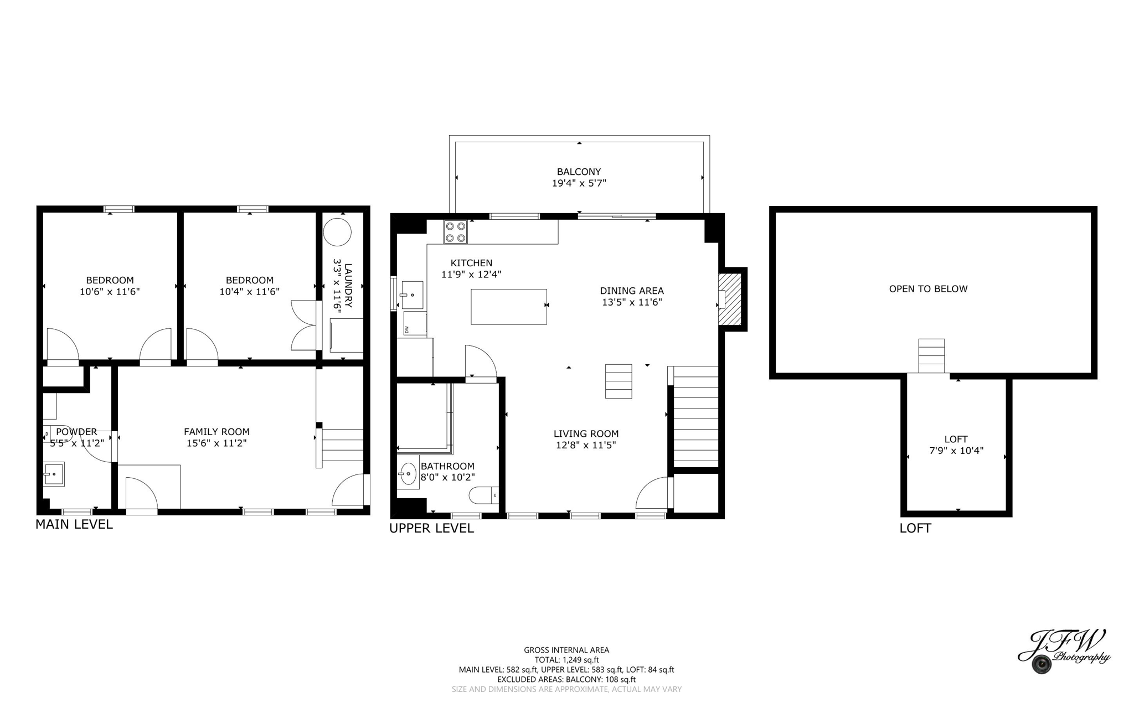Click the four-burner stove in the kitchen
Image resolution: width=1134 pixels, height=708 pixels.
pyautogui.click(x=455, y=232)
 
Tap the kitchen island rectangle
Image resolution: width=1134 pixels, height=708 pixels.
pyautogui.click(x=508, y=306)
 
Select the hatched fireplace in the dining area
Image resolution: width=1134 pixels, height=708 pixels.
pyautogui.click(x=729, y=299)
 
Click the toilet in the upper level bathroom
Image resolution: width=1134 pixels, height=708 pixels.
pyautogui.click(x=483, y=495)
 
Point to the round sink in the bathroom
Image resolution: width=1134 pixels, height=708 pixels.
pyautogui.click(x=408, y=474)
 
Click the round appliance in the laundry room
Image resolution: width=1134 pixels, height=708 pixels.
pyautogui.click(x=337, y=232)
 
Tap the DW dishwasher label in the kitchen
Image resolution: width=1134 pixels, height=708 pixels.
pyautogui.click(x=407, y=329)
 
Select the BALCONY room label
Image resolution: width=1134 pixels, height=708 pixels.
pyautogui.click(x=579, y=172)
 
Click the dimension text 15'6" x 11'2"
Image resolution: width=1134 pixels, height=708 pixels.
pyautogui.click(x=217, y=443)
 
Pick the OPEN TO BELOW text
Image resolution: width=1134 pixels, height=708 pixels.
pyautogui.click(x=928, y=288)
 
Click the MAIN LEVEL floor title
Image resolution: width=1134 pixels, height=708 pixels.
pyautogui.click(x=74, y=524)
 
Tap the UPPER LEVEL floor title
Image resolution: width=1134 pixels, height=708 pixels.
pyautogui.click(x=431, y=528)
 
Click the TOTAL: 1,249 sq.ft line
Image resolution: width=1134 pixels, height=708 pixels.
pyautogui.click(x=566, y=660)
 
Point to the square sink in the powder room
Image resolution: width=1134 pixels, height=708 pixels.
pyautogui.click(x=54, y=474)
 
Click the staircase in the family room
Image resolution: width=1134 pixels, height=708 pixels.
pyautogui.click(x=342, y=446)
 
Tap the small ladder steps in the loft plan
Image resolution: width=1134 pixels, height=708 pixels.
pyautogui.click(x=931, y=355)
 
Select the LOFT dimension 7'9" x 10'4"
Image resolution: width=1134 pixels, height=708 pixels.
pyautogui.click(x=956, y=451)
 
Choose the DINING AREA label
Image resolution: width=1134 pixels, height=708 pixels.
pyautogui.click(x=632, y=291)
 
